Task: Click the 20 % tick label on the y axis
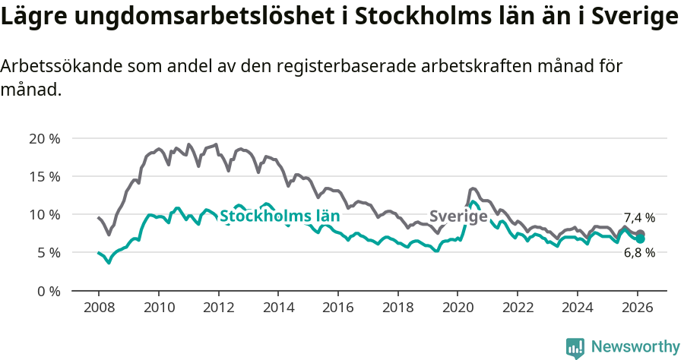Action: pyautogui.click(x=43, y=138)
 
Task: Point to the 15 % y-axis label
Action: pyautogui.click(x=43, y=176)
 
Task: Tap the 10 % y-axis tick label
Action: pyautogui.click(x=43, y=214)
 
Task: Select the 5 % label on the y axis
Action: pyautogui.click(x=47, y=252)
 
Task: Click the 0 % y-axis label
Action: pyautogui.click(x=47, y=290)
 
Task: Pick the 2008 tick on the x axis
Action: pyautogui.click(x=99, y=308)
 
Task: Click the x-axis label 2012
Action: pyautogui.click(x=218, y=308)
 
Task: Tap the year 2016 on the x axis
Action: pyautogui.click(x=337, y=308)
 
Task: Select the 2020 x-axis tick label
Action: pyautogui.click(x=458, y=308)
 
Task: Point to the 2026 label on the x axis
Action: pyautogui.click(x=637, y=308)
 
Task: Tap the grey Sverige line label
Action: pyautogui.click(x=458, y=216)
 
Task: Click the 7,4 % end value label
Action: pyautogui.click(x=639, y=218)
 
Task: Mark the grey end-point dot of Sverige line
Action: pyautogui.click(x=641, y=234)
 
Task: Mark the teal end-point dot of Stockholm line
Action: pyautogui.click(x=641, y=239)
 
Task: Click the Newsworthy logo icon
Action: pyautogui.click(x=575, y=347)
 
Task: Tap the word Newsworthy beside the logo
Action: pyautogui.click(x=635, y=347)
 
